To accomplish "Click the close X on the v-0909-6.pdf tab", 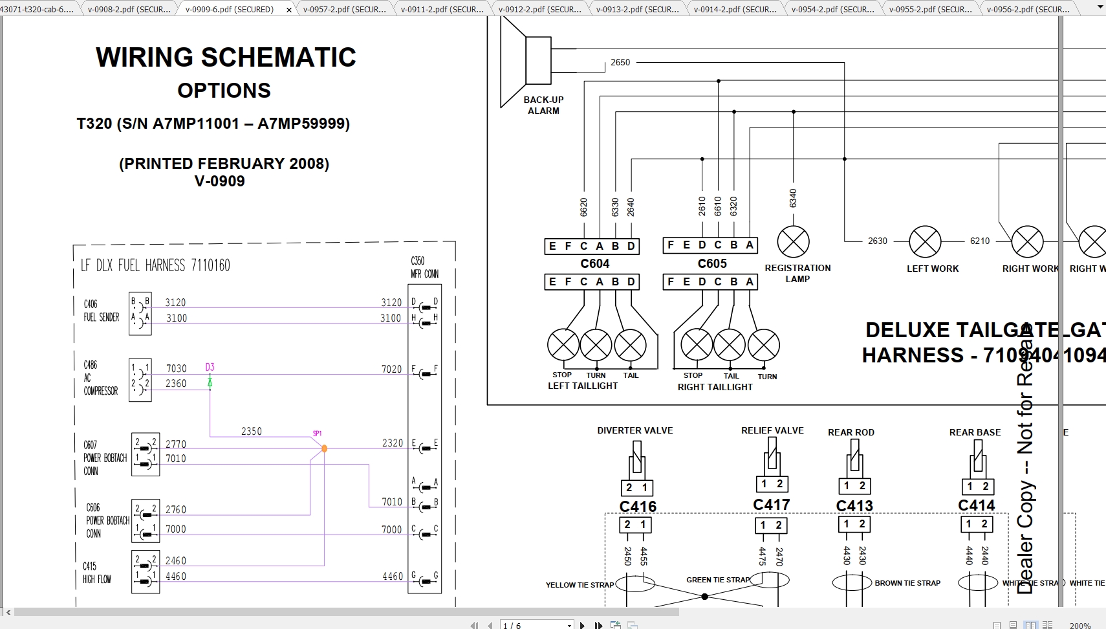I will tap(288, 10).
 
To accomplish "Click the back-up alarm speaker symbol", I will tap(525, 61).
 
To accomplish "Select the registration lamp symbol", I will tap(793, 242).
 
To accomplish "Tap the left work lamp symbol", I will tap(925, 241).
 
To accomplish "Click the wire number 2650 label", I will tap(620, 63).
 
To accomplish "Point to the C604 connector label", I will tap(594, 263).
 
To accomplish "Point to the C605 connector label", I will tap(712, 263).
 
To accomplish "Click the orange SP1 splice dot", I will tap(324, 448).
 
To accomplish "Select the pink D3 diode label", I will tap(210, 367).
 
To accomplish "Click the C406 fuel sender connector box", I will tap(140, 313).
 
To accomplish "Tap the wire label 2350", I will tap(251, 432).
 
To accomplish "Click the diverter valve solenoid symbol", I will tap(637, 458).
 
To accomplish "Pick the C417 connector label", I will tap(771, 505).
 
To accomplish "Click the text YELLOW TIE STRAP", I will tap(580, 585).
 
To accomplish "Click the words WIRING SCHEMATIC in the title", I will tap(226, 58).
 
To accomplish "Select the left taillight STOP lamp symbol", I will tap(563, 345).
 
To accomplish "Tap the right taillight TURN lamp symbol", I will tap(764, 346).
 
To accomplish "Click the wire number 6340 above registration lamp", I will tap(793, 199).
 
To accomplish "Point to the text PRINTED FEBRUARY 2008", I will tap(224, 164).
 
